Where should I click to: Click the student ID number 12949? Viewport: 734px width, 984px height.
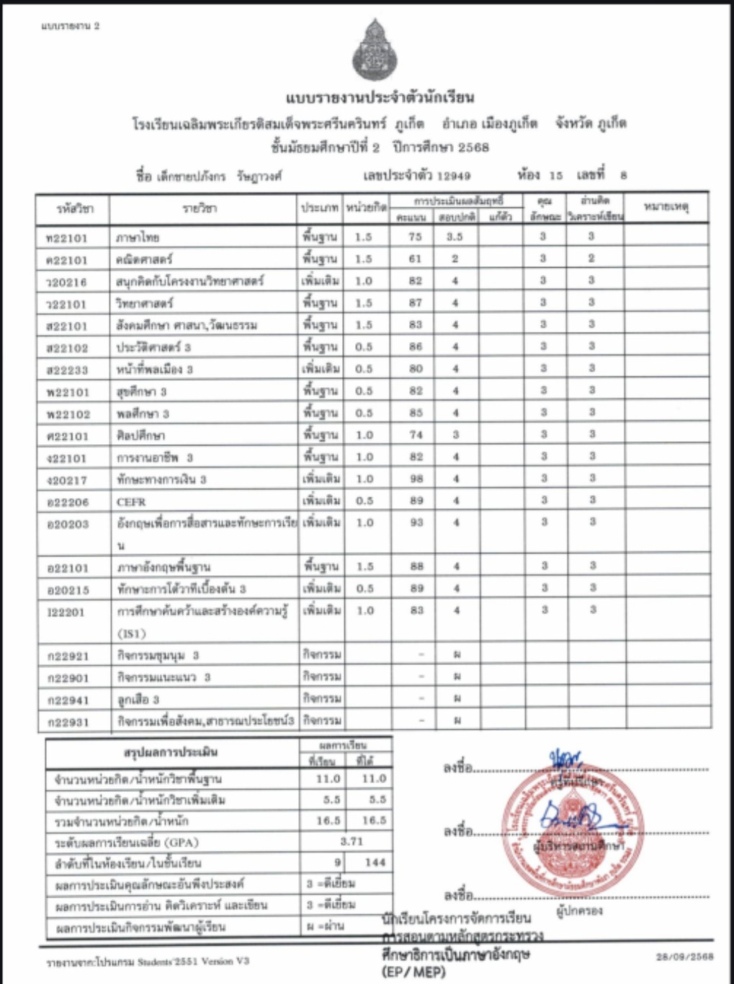coord(454,176)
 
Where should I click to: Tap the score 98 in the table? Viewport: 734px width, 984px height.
coord(416,479)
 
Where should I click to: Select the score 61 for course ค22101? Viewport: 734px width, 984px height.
coord(416,258)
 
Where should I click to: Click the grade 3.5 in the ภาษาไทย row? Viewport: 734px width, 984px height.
coord(455,237)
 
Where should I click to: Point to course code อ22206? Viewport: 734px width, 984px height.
coord(67,502)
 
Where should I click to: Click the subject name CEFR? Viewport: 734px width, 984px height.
coord(131,502)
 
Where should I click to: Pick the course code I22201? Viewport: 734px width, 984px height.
coord(66,612)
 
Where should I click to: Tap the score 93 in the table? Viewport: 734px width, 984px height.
coord(416,523)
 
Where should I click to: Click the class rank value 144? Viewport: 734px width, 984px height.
coord(375,862)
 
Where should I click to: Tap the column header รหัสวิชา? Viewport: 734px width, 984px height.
coord(75,209)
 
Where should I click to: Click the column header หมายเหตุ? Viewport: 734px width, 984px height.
coord(666,207)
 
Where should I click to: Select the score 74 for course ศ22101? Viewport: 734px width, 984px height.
coord(416,435)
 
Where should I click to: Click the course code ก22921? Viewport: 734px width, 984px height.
coord(68,656)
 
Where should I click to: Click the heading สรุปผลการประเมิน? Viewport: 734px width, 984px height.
coord(171,752)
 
